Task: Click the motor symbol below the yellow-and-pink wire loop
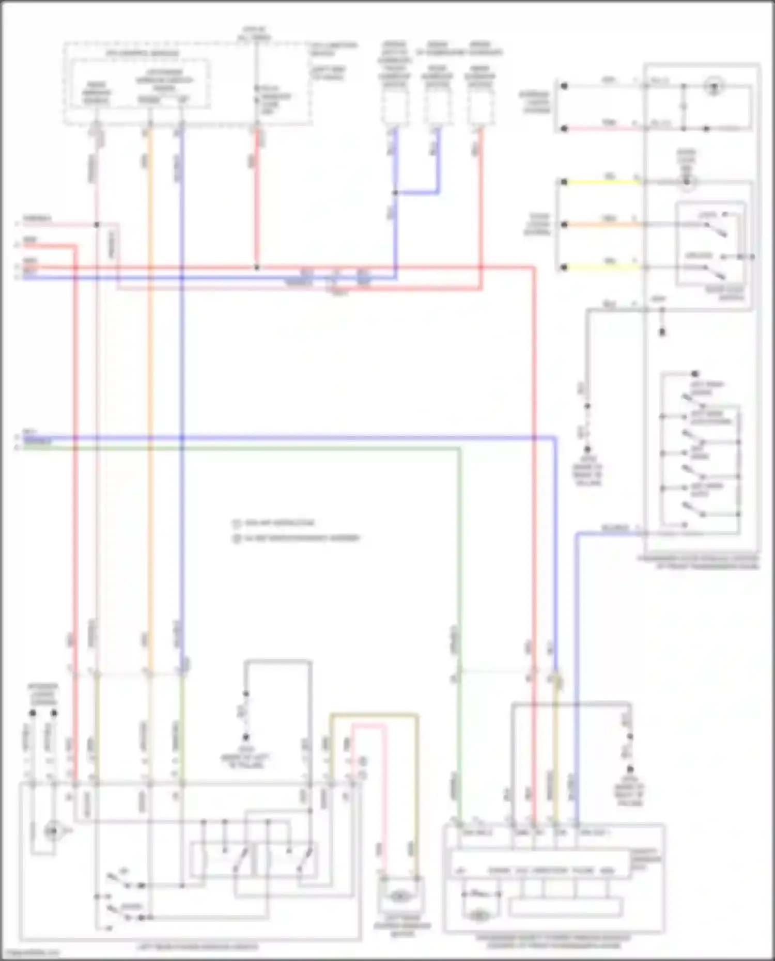point(398,897)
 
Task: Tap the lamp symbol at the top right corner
point(714,86)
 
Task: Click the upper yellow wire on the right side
point(602,182)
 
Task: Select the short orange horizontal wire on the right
point(602,225)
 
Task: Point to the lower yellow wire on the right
point(602,267)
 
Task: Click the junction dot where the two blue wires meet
point(395,193)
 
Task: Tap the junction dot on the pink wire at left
point(97,225)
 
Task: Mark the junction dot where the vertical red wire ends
point(257,267)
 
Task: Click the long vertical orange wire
point(150,392)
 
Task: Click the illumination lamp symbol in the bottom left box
point(51,831)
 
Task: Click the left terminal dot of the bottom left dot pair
point(33,713)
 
